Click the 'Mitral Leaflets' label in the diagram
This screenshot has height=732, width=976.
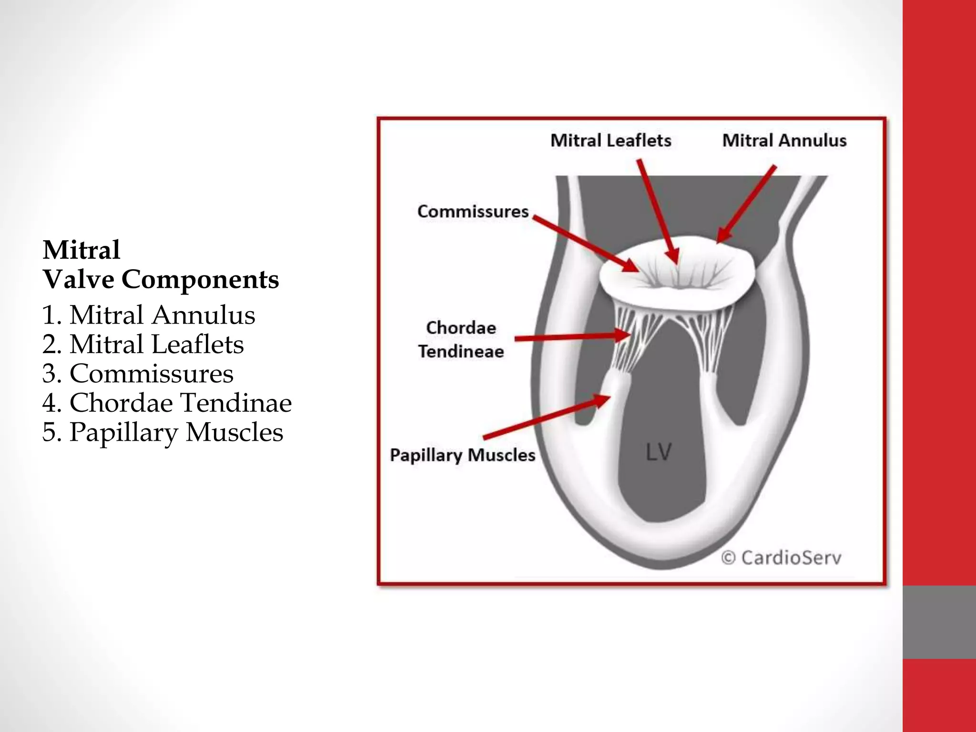(x=610, y=141)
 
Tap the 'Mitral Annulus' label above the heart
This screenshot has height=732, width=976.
(x=784, y=141)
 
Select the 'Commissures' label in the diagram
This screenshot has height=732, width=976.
(x=473, y=212)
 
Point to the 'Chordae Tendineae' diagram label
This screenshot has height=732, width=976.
(x=461, y=339)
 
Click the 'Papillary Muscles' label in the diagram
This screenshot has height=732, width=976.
(x=462, y=455)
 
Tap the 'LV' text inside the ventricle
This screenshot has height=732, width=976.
(x=659, y=452)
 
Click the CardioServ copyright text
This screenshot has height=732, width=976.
(x=782, y=558)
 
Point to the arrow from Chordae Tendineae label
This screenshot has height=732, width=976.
(x=572, y=337)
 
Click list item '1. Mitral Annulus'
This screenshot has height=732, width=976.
(x=148, y=315)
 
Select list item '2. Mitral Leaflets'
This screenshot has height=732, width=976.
(x=142, y=344)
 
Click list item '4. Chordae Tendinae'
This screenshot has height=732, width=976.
(x=166, y=403)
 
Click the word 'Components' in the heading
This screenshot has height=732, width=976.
(x=200, y=279)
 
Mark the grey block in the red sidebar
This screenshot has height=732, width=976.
(x=939, y=622)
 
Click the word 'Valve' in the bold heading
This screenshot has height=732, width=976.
(x=79, y=279)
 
